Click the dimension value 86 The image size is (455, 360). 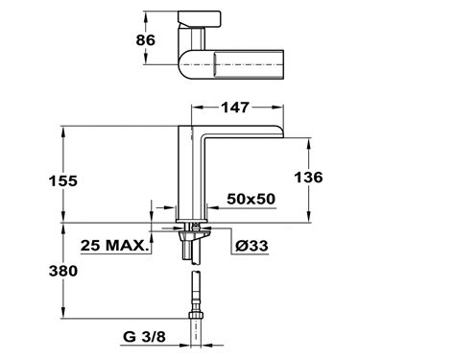(x=146, y=40)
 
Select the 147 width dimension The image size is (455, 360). (x=235, y=108)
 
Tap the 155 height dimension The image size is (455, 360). (x=63, y=180)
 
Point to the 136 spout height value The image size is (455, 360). (x=308, y=178)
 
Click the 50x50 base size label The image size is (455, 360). (x=251, y=199)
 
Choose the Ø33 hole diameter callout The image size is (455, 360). (x=251, y=246)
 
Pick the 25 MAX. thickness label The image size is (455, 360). (x=115, y=246)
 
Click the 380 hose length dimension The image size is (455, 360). (x=63, y=271)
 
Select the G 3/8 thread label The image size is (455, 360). (x=144, y=337)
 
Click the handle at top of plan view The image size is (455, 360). (x=199, y=18)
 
